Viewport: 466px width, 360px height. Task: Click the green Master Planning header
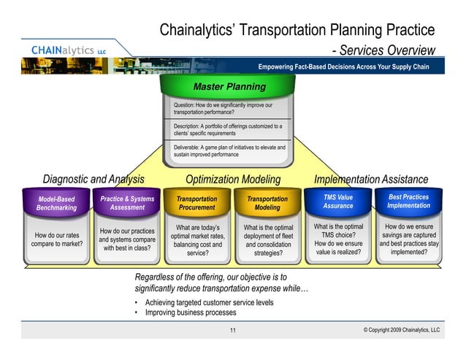[x=229, y=88]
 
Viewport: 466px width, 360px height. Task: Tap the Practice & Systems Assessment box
[x=127, y=202]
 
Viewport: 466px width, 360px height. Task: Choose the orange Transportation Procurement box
[x=196, y=202]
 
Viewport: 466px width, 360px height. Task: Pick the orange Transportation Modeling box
[x=267, y=202]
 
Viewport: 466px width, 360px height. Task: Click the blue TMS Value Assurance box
[x=337, y=201]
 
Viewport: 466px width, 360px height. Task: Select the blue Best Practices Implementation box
[x=409, y=201]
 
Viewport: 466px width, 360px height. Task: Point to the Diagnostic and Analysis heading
[x=93, y=180]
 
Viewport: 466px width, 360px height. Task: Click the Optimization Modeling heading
[x=233, y=180]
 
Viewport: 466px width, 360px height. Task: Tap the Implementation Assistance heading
[x=370, y=180]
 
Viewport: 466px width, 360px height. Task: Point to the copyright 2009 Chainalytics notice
[x=401, y=331]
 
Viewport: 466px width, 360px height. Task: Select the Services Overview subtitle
[x=387, y=50]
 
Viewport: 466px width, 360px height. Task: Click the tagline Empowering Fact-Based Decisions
[x=343, y=67]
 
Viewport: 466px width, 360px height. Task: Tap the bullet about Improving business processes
[x=190, y=313]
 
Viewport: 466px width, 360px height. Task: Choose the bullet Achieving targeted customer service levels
[x=209, y=302]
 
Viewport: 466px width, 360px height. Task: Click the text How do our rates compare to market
[x=56, y=240]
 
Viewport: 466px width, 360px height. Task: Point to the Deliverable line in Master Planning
[x=229, y=151]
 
